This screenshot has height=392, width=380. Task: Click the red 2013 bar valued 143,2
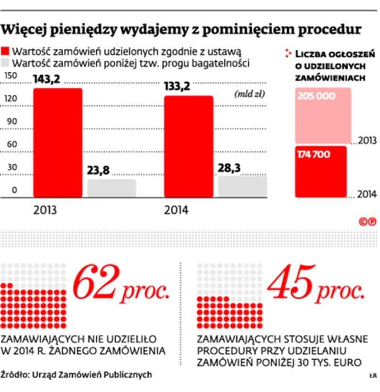(x=58, y=142)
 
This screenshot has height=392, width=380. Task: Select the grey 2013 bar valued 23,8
(x=111, y=188)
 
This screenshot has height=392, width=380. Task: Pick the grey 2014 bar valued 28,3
(x=243, y=186)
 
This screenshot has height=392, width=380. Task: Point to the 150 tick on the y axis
(x=10, y=76)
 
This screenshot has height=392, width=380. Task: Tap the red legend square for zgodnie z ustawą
(x=6, y=52)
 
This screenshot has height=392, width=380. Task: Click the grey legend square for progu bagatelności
(x=6, y=62)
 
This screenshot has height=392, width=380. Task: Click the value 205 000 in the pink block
(x=316, y=96)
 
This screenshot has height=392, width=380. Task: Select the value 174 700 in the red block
(x=314, y=154)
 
